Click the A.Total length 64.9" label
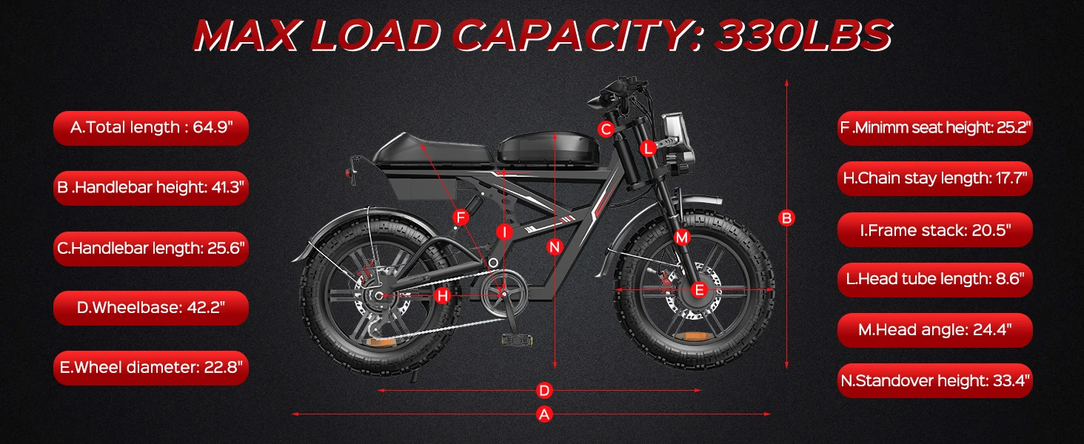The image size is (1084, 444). (x=151, y=128)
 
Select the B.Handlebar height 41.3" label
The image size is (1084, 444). (x=151, y=187)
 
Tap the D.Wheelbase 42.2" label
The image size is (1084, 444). (x=151, y=307)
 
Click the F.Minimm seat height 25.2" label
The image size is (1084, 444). (x=934, y=128)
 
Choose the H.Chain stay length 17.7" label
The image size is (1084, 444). (x=934, y=178)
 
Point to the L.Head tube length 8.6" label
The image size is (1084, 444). (x=934, y=280)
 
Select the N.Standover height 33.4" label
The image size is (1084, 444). (x=934, y=381)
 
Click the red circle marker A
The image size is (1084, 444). (x=544, y=414)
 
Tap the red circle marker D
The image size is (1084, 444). (x=544, y=390)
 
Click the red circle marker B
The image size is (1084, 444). (x=786, y=218)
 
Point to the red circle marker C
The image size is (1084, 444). (x=606, y=130)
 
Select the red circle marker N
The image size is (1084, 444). (x=555, y=247)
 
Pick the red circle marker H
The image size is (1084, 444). (x=442, y=296)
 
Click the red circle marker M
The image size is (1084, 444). (x=682, y=238)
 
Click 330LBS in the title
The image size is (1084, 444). (x=803, y=35)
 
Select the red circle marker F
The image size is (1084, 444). (x=461, y=218)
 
